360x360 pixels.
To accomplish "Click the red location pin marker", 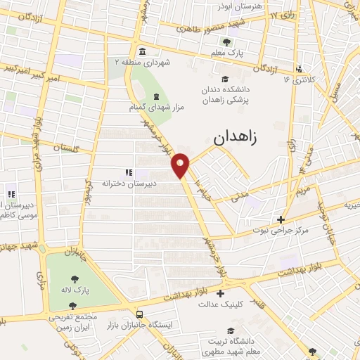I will (x=181, y=165).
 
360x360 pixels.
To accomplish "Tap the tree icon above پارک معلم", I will (x=226, y=42).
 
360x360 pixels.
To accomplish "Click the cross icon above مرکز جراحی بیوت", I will (x=281, y=220).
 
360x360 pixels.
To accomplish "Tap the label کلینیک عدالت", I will (x=220, y=304).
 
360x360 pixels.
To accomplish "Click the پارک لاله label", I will (x=72, y=290).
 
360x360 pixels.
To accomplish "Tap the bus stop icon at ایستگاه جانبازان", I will (x=140, y=314).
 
